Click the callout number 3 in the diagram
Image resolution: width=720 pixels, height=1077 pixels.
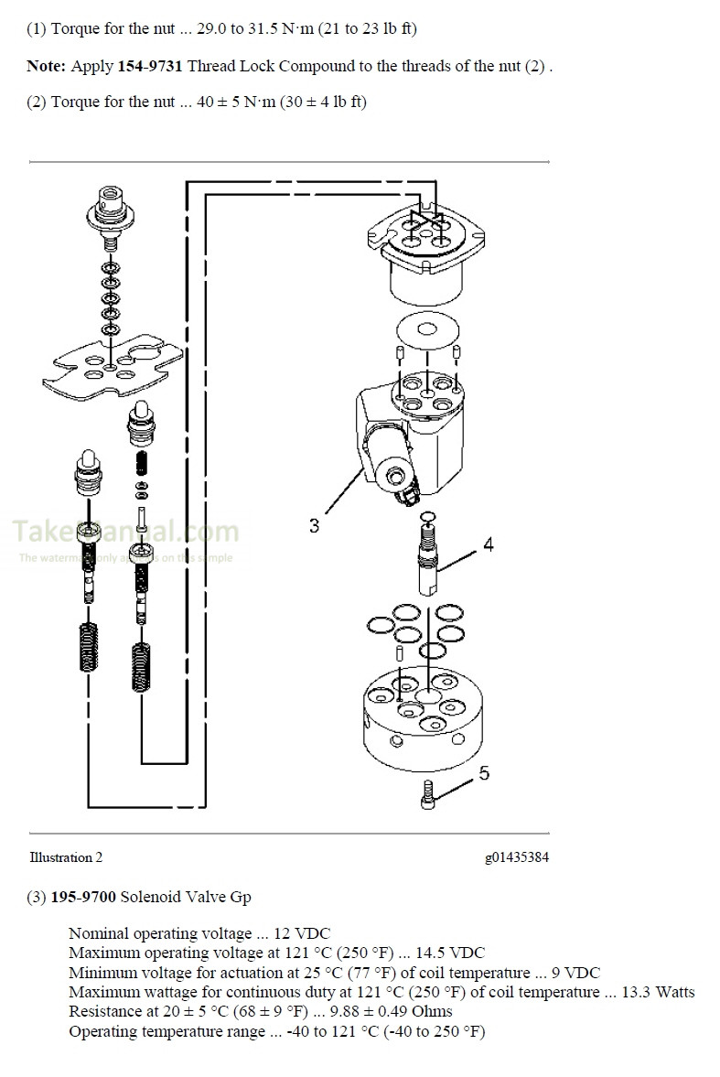[314, 526]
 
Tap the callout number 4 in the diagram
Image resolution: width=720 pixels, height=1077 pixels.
[489, 544]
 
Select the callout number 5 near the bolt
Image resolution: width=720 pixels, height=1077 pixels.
[484, 773]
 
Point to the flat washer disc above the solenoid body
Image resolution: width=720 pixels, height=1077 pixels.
[427, 331]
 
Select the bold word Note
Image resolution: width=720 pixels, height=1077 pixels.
[44, 66]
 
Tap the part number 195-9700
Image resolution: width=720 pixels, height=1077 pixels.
[83, 897]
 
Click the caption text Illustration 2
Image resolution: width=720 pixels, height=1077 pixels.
[66, 857]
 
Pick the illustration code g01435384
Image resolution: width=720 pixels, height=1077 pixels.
[517, 857]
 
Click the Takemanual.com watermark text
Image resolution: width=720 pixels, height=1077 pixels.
[124, 532]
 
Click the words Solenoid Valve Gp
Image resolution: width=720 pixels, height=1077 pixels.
[186, 897]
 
